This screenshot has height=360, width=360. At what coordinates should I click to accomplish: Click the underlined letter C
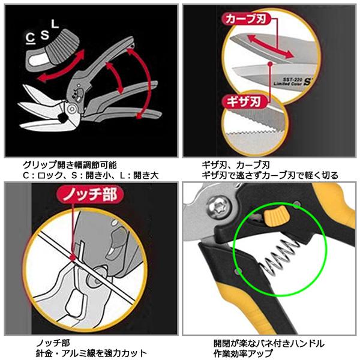point(29,37)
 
